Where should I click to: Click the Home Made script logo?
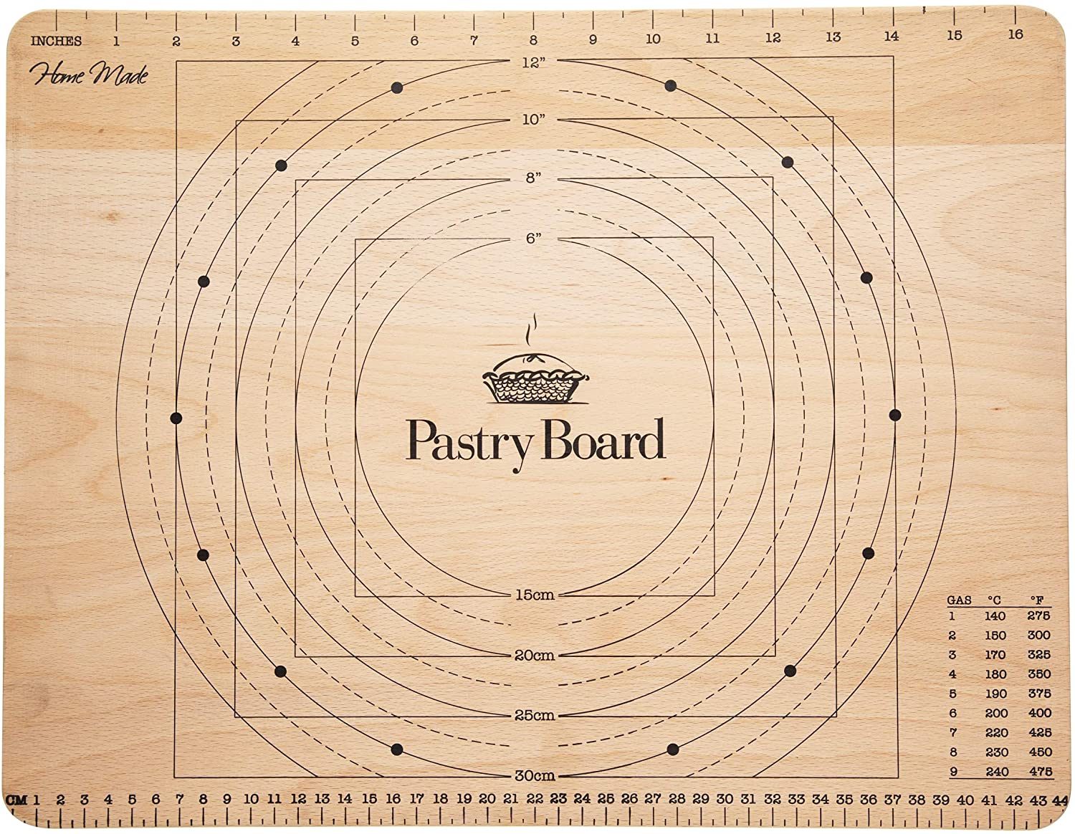tap(89, 75)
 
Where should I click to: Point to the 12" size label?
tap(534, 62)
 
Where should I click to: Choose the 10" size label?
tap(534, 120)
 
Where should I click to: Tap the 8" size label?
tap(532, 178)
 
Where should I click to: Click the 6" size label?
tap(532, 239)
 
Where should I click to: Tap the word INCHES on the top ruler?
tap(56, 41)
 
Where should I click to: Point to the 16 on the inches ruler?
tap(1016, 34)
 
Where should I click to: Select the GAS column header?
tap(960, 600)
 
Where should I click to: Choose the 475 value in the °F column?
tap(1039, 772)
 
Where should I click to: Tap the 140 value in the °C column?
tap(995, 615)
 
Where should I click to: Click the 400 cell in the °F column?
tap(1039, 713)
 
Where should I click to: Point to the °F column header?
tap(1037, 600)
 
